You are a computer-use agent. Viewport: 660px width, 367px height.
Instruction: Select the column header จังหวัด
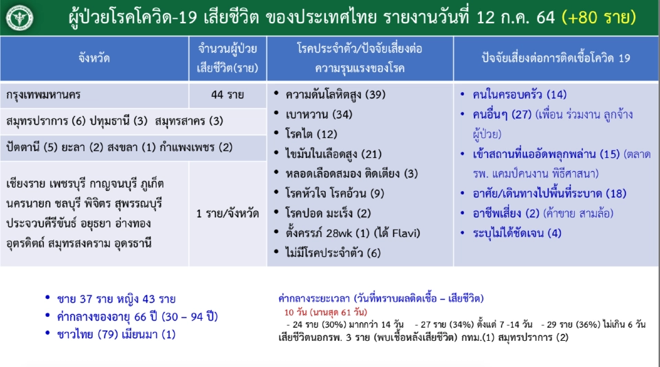[94, 58]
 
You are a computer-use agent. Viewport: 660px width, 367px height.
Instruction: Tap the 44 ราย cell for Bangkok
[228, 94]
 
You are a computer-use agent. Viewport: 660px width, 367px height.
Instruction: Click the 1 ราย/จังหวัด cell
[228, 213]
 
